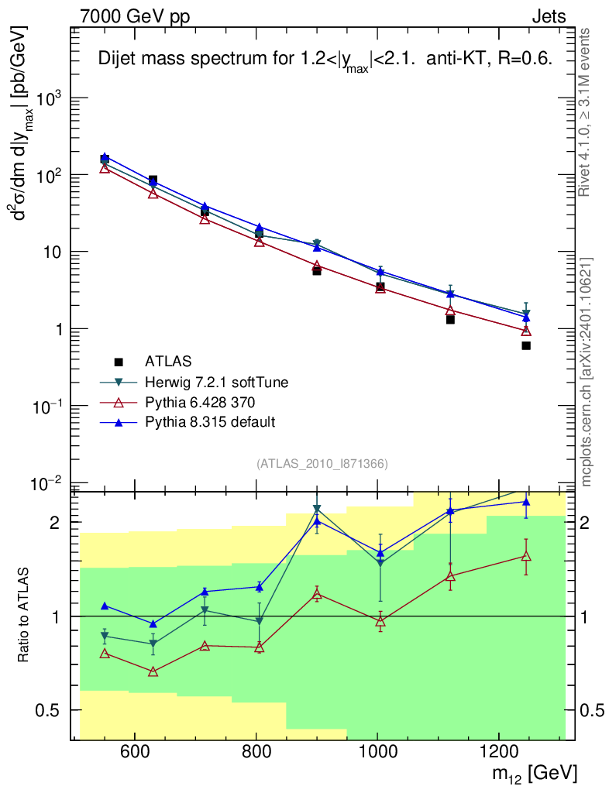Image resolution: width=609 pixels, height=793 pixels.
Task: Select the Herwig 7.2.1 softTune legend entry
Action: (x=211, y=382)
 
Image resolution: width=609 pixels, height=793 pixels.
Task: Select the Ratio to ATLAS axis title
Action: (x=26, y=616)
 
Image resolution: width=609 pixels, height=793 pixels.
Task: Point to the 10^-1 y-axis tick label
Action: (x=48, y=407)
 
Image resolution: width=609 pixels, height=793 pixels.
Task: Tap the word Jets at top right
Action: (x=548, y=16)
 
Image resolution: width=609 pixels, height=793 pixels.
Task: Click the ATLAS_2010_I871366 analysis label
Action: (x=322, y=463)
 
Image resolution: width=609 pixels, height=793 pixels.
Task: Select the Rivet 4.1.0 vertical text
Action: (x=586, y=112)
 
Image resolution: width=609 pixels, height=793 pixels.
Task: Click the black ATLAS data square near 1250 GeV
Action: (x=526, y=345)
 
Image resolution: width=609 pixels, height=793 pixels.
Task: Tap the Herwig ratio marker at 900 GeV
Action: (x=317, y=510)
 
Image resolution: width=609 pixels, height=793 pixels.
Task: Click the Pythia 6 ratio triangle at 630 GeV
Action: (x=153, y=671)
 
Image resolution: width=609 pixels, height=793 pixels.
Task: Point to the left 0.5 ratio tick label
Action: (x=54, y=710)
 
